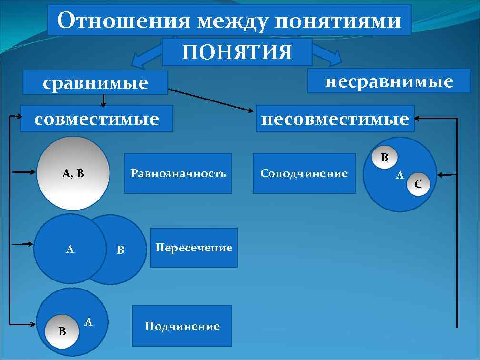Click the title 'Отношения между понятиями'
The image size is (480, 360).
229,20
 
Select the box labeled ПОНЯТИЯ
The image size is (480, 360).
237,52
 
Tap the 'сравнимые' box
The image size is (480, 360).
96,82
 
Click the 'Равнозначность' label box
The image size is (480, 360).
178,173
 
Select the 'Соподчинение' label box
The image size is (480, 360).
304,173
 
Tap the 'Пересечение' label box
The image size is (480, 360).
193,248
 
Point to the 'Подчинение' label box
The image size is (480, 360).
182,326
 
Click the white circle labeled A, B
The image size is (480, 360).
73,173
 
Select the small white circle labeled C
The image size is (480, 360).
418,183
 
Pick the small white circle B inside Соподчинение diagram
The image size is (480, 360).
385,156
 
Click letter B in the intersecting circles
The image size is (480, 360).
121,250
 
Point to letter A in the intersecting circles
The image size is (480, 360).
70,249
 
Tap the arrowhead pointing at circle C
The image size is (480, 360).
441,175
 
